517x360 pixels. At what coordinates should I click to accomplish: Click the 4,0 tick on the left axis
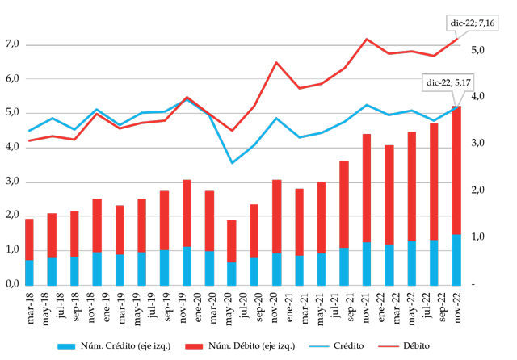tap(12, 147)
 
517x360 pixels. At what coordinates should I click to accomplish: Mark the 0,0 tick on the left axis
tap(12, 284)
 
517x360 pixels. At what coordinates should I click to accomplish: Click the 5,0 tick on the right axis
tap(477, 50)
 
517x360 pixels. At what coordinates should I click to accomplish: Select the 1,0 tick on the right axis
tap(477, 237)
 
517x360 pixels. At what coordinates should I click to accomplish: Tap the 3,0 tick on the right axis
tap(477, 144)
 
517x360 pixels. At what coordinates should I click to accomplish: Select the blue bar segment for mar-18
tap(29, 272)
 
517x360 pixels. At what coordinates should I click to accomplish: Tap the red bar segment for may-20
tap(232, 241)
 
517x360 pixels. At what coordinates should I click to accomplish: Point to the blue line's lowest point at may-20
tap(232, 163)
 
